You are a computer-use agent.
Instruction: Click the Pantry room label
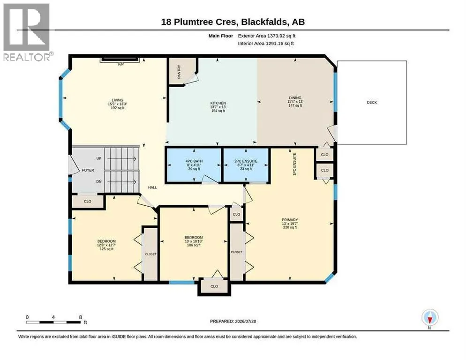(179, 72)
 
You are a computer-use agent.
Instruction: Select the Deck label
(372, 103)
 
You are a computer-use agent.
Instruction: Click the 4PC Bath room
(194, 165)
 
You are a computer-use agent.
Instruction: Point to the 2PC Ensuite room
(246, 165)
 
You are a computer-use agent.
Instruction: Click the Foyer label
(88, 170)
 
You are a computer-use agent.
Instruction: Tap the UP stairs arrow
(121, 159)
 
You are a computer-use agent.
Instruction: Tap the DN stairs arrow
(121, 181)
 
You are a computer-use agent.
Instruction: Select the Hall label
(152, 187)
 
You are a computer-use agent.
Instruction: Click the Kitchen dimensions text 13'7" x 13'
(218, 107)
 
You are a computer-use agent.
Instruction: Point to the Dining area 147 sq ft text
(295, 105)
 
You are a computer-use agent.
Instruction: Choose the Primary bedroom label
(290, 220)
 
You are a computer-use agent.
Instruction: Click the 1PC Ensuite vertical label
(294, 164)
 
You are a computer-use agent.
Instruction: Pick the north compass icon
(430, 318)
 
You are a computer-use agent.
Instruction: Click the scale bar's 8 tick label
(81, 317)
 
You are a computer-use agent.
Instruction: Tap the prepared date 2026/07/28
(246, 322)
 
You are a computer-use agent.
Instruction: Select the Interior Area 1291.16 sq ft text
(266, 44)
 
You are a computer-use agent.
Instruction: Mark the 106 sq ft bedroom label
(194, 245)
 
